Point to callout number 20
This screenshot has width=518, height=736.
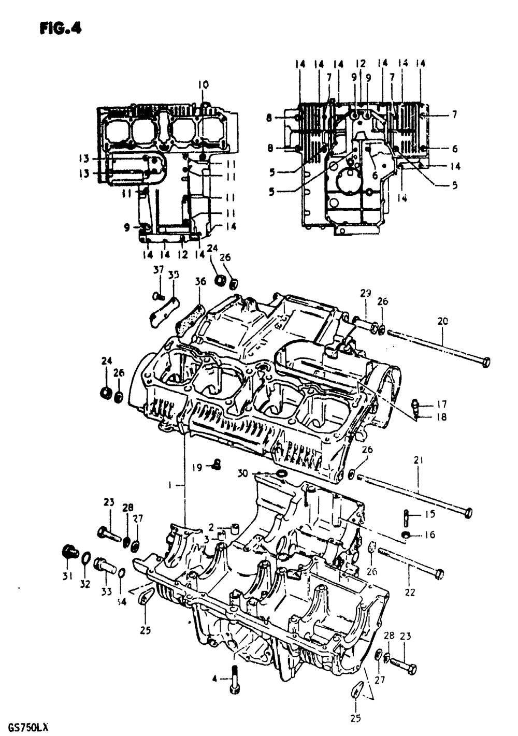pyautogui.click(x=442, y=321)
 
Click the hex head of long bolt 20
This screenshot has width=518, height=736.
pyautogui.click(x=485, y=362)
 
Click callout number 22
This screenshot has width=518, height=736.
pyautogui.click(x=410, y=592)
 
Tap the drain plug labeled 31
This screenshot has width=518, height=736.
pyautogui.click(x=70, y=552)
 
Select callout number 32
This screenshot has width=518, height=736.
pyautogui.click(x=85, y=584)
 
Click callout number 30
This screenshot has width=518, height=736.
pyautogui.click(x=243, y=473)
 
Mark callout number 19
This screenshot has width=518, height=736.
pyautogui.click(x=197, y=468)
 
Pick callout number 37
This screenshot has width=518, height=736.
pyautogui.click(x=158, y=270)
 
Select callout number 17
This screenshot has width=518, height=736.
pyautogui.click(x=441, y=404)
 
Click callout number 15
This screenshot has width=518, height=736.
pyautogui.click(x=430, y=514)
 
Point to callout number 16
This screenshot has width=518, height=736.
pyautogui.click(x=429, y=535)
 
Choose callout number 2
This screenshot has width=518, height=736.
pyautogui.click(x=211, y=527)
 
